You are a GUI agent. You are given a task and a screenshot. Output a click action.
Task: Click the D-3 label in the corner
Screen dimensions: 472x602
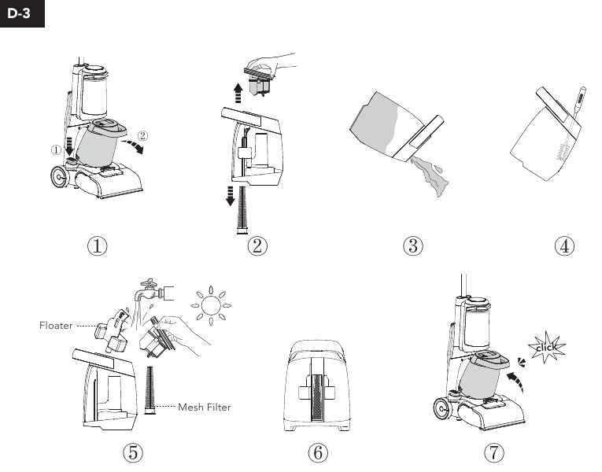tap(21, 13)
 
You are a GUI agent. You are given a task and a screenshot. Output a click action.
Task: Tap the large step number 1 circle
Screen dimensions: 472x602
tap(98, 245)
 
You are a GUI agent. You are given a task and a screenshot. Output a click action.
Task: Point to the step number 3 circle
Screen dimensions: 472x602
tap(412, 245)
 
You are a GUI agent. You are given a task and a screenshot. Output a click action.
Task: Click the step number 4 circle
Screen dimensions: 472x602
tap(564, 245)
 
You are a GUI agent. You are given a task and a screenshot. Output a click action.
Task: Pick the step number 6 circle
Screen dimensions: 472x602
tap(316, 452)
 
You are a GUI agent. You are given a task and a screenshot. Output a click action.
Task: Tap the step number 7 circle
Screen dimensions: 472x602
tap(492, 452)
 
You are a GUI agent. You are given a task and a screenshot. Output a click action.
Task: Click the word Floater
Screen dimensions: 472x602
tap(56, 324)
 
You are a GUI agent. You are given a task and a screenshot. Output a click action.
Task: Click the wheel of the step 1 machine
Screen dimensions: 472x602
tap(58, 178)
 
